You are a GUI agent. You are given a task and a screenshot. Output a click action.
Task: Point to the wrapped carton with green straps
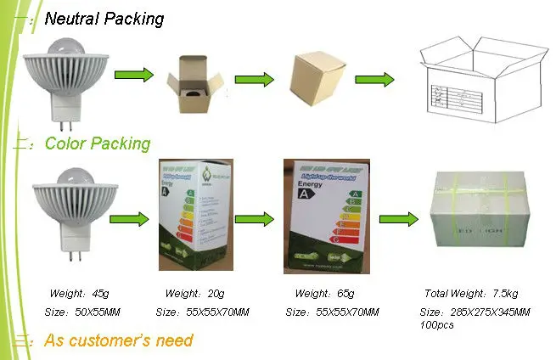[481, 218]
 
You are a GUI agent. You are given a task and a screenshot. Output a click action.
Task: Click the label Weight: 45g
[79, 294]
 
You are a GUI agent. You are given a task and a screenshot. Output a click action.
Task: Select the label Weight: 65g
[323, 294]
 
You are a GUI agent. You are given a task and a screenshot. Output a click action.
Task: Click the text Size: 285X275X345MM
[475, 312]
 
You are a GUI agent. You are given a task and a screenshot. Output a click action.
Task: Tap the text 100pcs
[437, 324]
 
